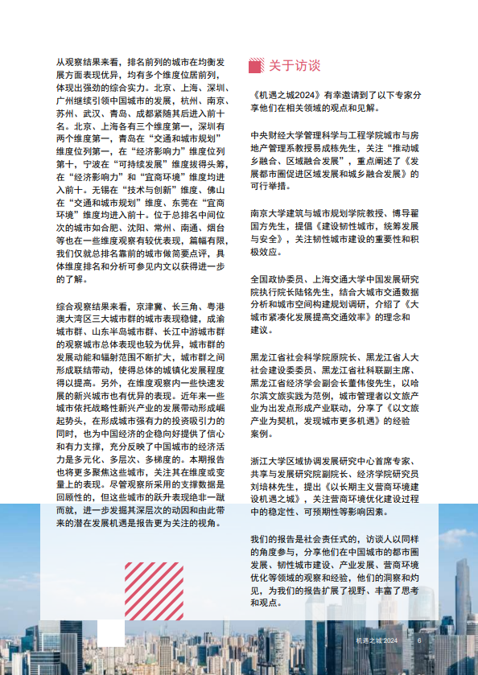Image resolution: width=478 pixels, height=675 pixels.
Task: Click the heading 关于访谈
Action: [x=294, y=64]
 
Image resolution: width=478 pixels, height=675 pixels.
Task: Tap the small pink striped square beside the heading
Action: [x=256, y=64]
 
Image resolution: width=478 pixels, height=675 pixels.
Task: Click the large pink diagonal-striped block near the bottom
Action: [x=154, y=591]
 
